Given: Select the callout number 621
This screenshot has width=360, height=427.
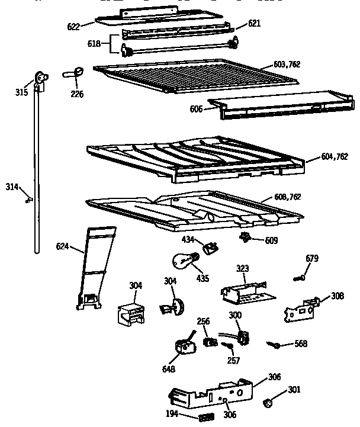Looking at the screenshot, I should pyautogui.click(x=254, y=23).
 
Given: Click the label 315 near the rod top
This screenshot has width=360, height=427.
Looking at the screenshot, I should pyautogui.click(x=22, y=92).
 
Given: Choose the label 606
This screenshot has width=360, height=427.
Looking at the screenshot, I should pyautogui.click(x=197, y=109).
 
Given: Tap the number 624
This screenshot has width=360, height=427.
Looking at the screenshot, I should pyautogui.click(x=63, y=246).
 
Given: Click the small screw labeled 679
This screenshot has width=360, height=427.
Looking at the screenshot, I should pyautogui.click(x=300, y=277).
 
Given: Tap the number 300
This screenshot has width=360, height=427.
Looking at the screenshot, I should pyautogui.click(x=234, y=316).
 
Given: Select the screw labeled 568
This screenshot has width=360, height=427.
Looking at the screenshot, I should pyautogui.click(x=275, y=343).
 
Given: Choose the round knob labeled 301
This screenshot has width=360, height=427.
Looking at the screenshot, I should pyautogui.click(x=268, y=403).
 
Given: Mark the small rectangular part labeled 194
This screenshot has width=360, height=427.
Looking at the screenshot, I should pyautogui.click(x=206, y=418).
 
